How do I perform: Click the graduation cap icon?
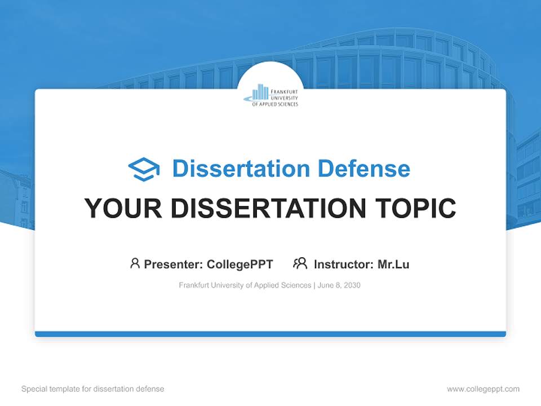click(144, 169)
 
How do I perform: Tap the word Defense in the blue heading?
click(363, 169)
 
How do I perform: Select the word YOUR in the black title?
click(123, 208)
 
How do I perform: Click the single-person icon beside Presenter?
click(135, 263)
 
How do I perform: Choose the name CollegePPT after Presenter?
click(240, 264)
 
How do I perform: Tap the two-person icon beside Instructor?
click(300, 263)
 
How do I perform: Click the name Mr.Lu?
click(393, 264)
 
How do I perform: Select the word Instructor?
click(344, 264)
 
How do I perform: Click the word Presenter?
click(174, 264)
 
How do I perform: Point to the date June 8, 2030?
click(339, 285)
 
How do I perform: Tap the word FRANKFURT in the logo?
click(284, 92)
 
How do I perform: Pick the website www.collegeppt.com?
click(483, 389)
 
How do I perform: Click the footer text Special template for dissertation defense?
click(93, 389)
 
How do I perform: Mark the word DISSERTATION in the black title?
click(268, 208)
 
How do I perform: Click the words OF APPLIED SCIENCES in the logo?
click(275, 104)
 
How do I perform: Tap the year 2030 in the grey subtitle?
click(352, 285)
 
